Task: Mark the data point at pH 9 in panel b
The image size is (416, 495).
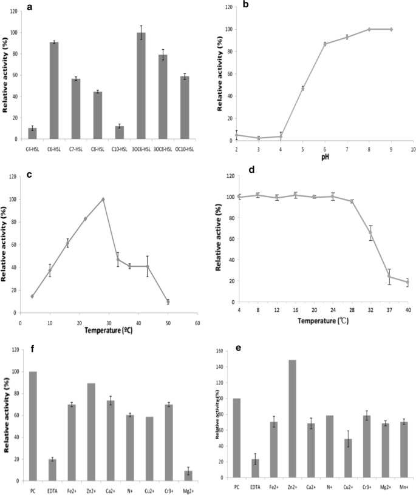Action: (x=390, y=29)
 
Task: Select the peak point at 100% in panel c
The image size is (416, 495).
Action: (x=103, y=199)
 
